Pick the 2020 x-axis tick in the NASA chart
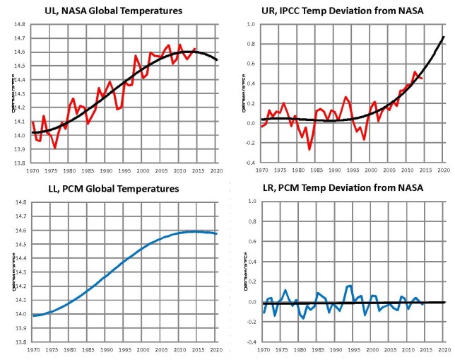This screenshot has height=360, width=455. click(x=215, y=170)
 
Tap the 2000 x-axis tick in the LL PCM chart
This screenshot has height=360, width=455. click(x=142, y=349)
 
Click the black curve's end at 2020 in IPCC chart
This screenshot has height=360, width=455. click(x=444, y=37)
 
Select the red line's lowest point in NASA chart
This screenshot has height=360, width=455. click(x=54, y=147)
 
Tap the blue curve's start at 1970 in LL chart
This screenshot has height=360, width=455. click(x=33, y=315)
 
